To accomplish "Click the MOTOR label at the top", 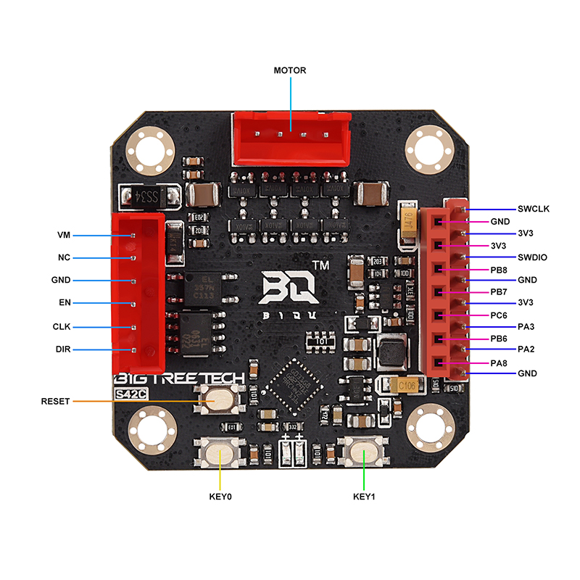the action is (289, 70).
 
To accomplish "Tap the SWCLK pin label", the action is (533, 209).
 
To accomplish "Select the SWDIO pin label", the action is (532, 257).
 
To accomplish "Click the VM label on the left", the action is (63, 236).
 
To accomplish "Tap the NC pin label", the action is (63, 257).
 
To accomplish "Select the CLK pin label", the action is (62, 326).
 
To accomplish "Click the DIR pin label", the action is (62, 349).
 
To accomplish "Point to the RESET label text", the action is (55, 401).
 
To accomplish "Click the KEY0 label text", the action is (220, 497).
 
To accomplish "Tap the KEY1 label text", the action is (363, 497).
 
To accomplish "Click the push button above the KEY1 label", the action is (363, 455).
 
